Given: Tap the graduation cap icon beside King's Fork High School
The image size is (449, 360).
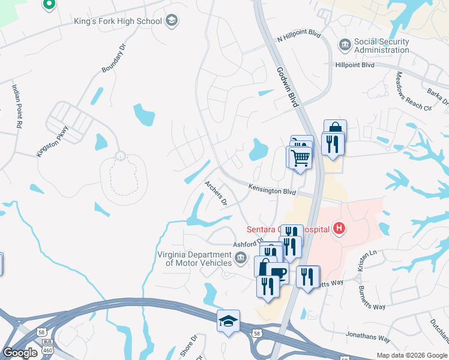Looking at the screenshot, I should (172, 22).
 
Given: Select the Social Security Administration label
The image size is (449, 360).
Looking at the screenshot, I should (382, 46).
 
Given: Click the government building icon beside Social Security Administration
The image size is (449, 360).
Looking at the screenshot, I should (345, 44).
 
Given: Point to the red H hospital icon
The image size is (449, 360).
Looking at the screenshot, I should (340, 228).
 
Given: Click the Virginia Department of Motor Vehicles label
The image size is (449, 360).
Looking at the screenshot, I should (194, 259).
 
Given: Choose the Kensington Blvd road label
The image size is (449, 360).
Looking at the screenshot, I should (273, 190).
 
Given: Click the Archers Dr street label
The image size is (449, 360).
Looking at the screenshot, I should (215, 193).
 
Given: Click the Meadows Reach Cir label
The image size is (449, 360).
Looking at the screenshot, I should (413, 91).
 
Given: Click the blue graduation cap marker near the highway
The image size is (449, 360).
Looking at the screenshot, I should (228, 322).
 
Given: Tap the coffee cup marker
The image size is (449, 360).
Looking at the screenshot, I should (277, 272).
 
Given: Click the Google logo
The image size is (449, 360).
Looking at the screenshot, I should (20, 353).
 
